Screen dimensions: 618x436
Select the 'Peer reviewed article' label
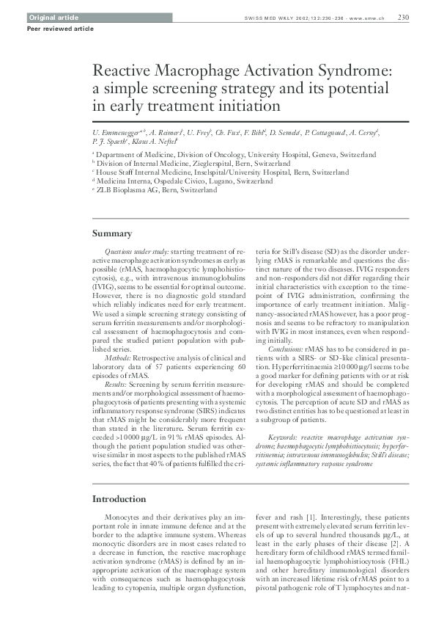pyautogui.click(x=50, y=29)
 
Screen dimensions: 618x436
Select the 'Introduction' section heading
pyautogui.click(x=119, y=500)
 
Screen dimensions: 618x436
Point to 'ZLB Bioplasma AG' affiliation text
pyautogui.click(x=128, y=190)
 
